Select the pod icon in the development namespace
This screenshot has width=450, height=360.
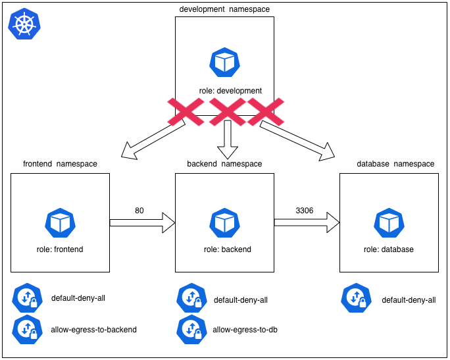[x=224, y=63]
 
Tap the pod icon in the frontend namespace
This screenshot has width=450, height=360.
[x=60, y=223]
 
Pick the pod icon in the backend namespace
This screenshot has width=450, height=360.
[x=224, y=223]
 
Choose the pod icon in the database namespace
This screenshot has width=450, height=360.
[x=389, y=223]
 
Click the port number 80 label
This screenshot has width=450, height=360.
[x=139, y=211]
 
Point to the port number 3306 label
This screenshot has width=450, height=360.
[x=305, y=211]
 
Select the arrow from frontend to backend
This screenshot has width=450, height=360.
[x=142, y=223]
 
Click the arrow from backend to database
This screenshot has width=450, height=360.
[x=307, y=223]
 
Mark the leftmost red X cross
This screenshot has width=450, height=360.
[x=186, y=111]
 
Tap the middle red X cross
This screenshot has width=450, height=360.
[x=226, y=111]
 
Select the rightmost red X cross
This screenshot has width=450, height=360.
[x=265, y=111]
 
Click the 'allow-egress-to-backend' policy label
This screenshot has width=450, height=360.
[x=94, y=329]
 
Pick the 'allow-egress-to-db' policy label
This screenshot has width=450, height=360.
[x=245, y=329]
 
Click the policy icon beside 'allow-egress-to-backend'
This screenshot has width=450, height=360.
[x=27, y=329]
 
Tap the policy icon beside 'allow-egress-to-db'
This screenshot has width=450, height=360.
[x=191, y=329]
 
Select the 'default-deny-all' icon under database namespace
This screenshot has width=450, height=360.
[x=356, y=298]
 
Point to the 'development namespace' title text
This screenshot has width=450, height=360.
[x=224, y=9]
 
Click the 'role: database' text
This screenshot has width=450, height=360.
[x=389, y=249]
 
